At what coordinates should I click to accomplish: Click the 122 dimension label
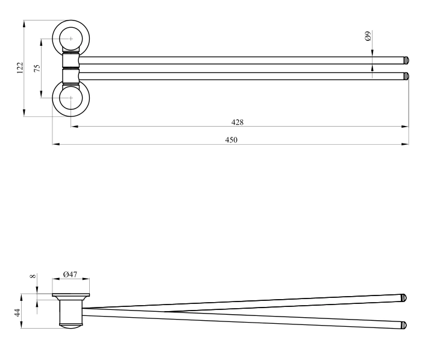click(x=20, y=68)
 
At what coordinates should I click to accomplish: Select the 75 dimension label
click(x=37, y=68)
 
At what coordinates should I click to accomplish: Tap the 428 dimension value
click(x=237, y=122)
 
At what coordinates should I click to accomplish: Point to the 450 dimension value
click(x=231, y=140)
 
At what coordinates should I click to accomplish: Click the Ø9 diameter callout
click(x=368, y=36)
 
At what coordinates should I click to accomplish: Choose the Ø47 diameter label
click(x=71, y=274)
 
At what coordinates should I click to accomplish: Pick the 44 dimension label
click(x=17, y=313)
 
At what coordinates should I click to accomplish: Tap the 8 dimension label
click(x=33, y=276)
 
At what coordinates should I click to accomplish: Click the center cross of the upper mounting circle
click(x=71, y=39)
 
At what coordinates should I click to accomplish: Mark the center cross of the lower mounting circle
click(x=71, y=98)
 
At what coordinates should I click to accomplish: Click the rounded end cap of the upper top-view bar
click(x=406, y=60)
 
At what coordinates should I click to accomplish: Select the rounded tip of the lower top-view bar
click(x=406, y=76)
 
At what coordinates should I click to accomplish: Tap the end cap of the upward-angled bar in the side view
click(x=404, y=298)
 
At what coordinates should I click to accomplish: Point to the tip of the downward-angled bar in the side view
click(x=404, y=325)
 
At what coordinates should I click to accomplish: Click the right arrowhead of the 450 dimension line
click(x=405, y=144)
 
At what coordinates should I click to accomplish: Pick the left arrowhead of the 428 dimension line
click(x=75, y=126)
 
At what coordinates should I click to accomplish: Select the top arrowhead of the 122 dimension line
click(x=24, y=24)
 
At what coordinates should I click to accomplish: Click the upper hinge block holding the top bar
click(x=71, y=60)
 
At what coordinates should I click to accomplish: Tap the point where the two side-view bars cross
click(x=166, y=312)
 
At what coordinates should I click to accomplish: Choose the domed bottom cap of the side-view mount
click(x=71, y=326)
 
